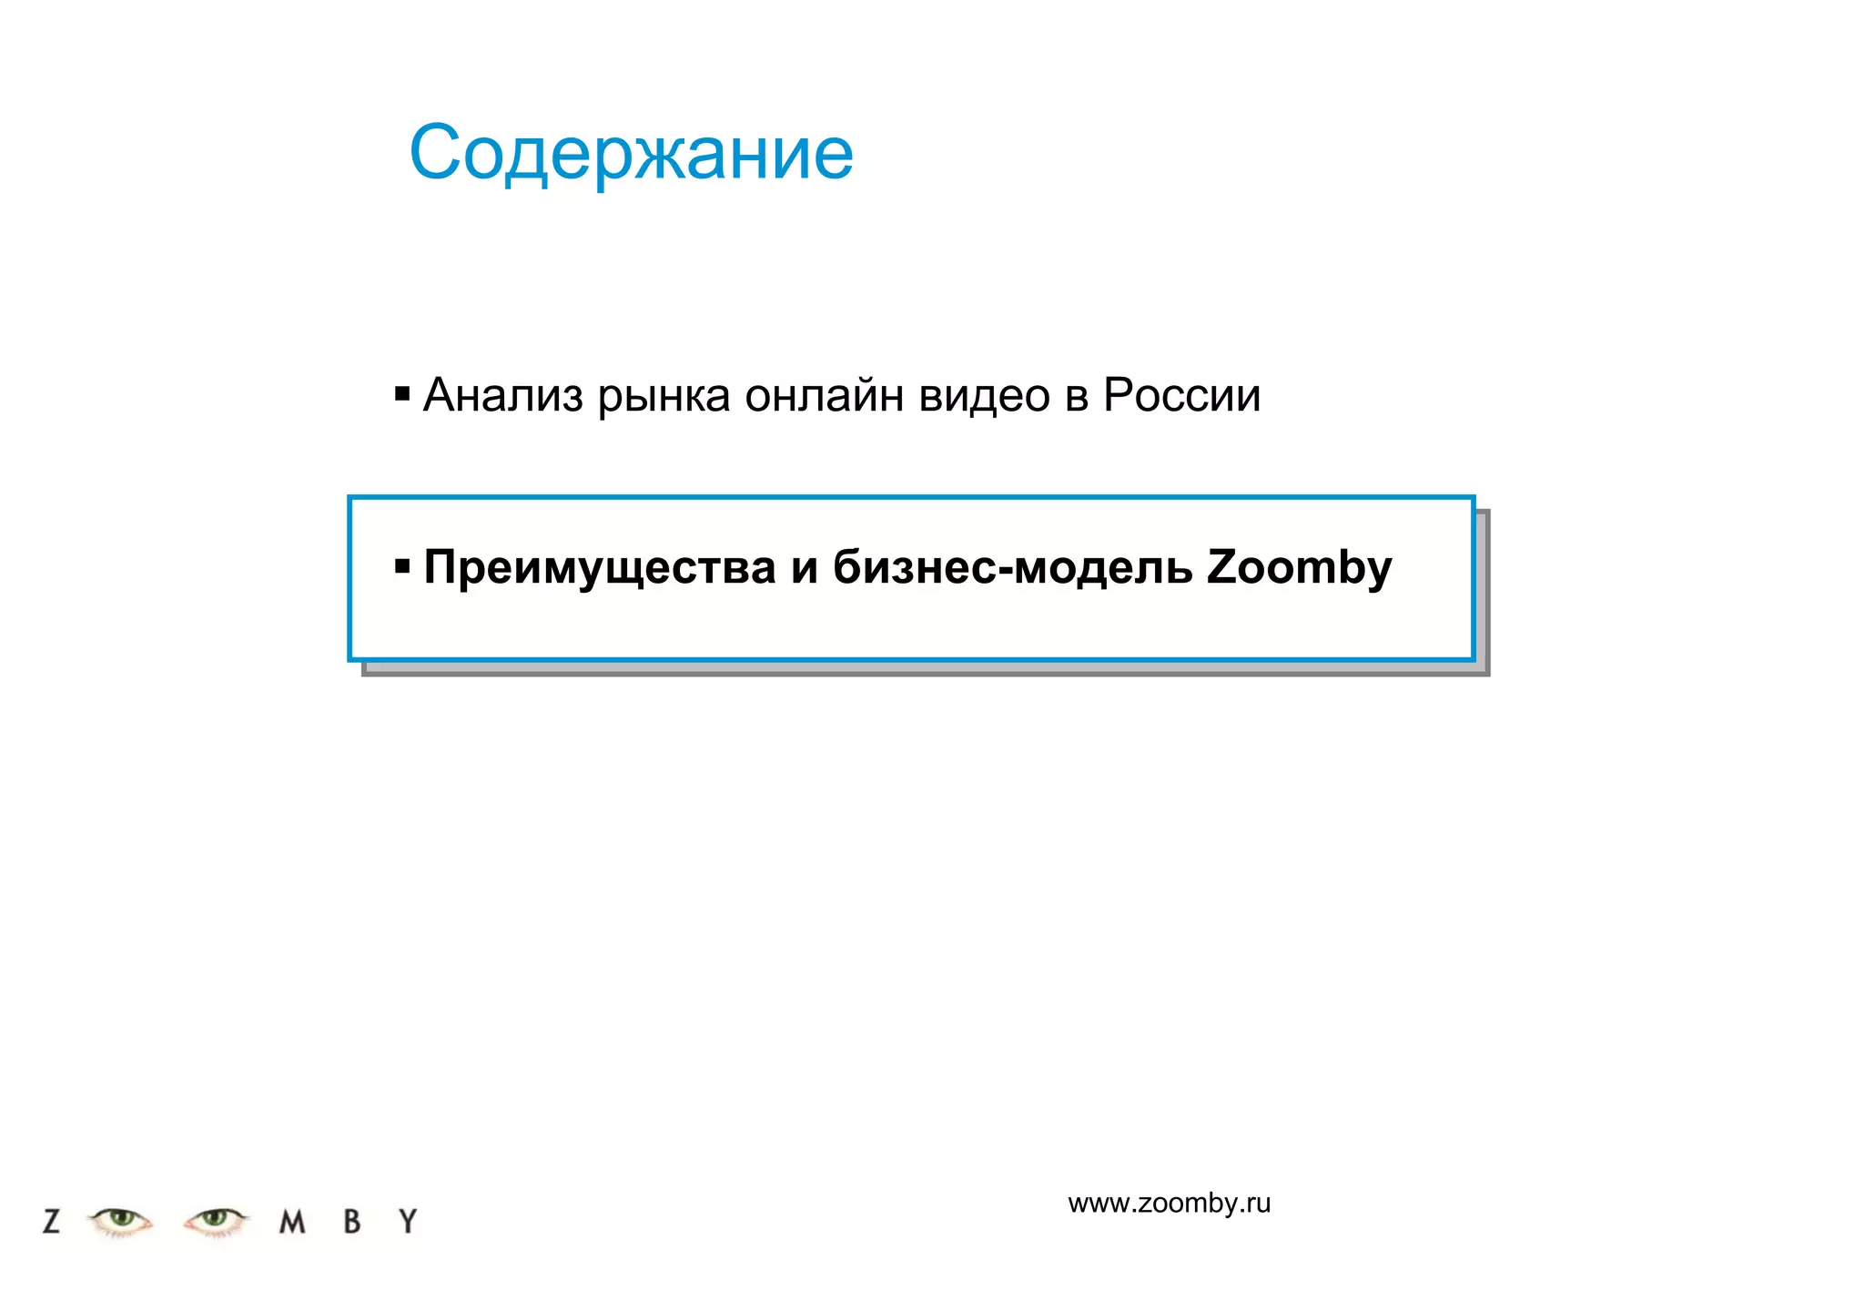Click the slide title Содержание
point(631,153)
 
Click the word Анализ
point(502,395)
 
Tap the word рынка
point(664,397)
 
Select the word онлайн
point(824,395)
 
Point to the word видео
point(984,397)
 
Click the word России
point(1181,395)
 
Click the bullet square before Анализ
point(402,394)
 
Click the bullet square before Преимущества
point(402,567)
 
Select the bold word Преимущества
point(600,568)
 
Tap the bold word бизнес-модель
point(1012,568)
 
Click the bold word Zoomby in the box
point(1299,568)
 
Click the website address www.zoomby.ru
point(1169,1204)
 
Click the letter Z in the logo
point(52,1221)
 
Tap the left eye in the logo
point(120,1219)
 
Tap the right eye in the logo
point(216,1219)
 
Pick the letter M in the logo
point(291,1222)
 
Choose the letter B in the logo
point(352,1221)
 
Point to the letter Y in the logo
point(409,1221)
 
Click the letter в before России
point(1077,397)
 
